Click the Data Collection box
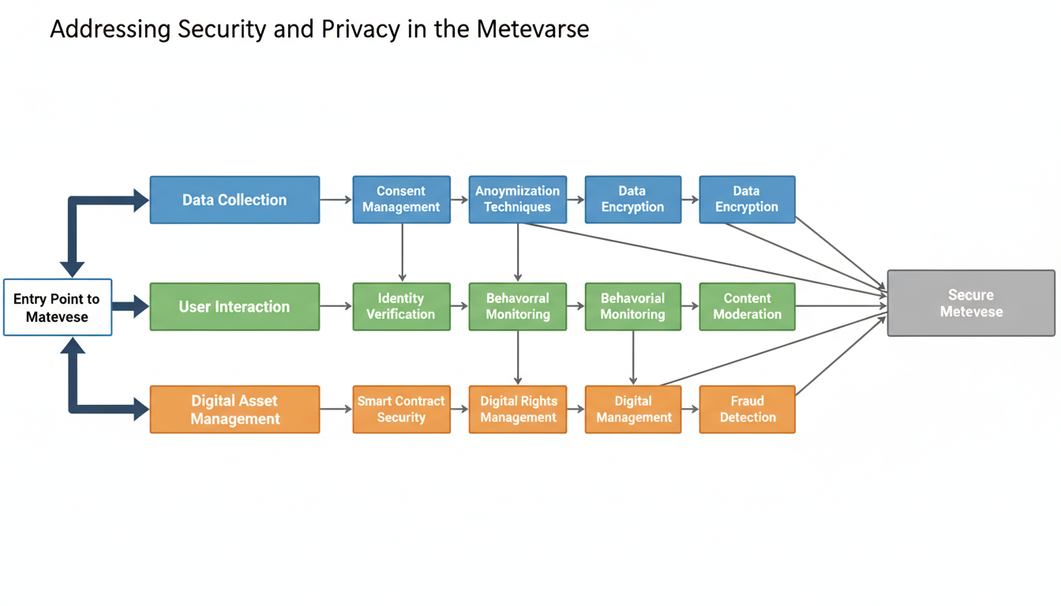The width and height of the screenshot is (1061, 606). [234, 200]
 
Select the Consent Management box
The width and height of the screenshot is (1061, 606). [401, 199]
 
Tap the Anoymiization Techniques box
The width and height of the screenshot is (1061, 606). [517, 199]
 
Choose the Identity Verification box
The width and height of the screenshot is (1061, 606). [401, 306]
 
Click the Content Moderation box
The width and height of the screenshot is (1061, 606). [747, 306]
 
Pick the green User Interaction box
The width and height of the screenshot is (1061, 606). [234, 306]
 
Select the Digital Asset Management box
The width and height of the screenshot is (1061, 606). [234, 410]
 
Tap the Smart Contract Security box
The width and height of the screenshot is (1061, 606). [401, 410]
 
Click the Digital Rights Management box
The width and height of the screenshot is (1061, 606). [518, 410]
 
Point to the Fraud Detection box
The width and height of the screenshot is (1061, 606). [747, 410]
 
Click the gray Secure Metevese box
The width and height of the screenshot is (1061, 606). [971, 303]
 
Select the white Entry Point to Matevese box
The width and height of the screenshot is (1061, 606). [58, 308]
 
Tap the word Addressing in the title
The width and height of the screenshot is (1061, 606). [111, 30]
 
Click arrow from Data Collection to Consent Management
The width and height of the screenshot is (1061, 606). [336, 200]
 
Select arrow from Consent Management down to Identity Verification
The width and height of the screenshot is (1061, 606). [402, 252]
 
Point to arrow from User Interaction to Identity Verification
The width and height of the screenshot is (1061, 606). [336, 306]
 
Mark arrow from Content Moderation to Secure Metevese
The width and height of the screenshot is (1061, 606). [841, 306]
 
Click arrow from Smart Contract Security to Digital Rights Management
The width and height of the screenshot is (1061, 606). [459, 410]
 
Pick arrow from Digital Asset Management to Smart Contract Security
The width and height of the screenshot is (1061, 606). [336, 410]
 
